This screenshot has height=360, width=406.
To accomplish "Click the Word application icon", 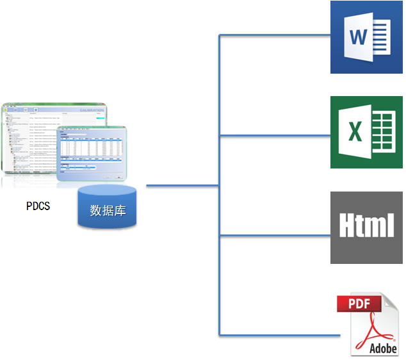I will click(366, 37).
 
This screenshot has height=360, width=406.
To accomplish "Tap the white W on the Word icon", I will click(358, 37).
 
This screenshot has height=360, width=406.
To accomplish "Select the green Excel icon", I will click(366, 132).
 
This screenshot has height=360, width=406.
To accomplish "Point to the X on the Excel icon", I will click(354, 132).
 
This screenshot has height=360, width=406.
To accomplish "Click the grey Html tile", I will click(366, 227).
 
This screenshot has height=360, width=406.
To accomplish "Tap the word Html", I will click(366, 226).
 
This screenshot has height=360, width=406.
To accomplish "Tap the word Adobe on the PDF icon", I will click(383, 348).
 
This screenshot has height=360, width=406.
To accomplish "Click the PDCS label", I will click(38, 206).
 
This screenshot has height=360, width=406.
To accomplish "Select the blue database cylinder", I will click(107, 207).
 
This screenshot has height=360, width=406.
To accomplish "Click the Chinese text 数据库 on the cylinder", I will click(108, 210).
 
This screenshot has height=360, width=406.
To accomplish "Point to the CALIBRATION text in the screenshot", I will click(91, 111).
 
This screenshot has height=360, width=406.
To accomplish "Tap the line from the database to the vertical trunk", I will click(183, 186).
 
